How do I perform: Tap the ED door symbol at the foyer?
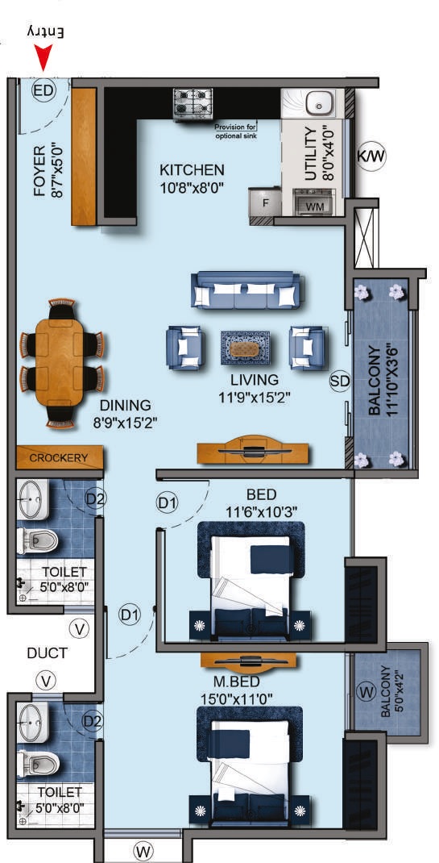coord(43,90)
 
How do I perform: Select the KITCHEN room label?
coord(192,170)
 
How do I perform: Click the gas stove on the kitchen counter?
coord(192,103)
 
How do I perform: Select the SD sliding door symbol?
coord(340,381)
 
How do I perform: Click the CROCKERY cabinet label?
coord(59,458)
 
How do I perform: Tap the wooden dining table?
coord(62,362)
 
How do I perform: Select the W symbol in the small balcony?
coord(367,692)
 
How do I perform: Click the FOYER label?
coord(40,171)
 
